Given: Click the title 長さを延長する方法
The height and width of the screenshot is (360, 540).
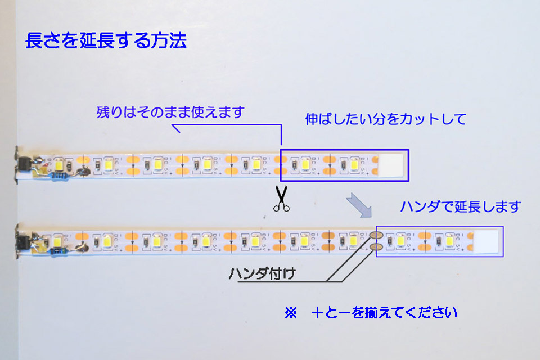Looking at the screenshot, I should (106, 42).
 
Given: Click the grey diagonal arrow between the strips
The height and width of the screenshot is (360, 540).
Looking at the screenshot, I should (359, 205).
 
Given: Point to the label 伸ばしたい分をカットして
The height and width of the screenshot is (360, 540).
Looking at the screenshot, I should (385, 119).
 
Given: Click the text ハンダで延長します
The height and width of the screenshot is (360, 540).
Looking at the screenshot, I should (460, 206).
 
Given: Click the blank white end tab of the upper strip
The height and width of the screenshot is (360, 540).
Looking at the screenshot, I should (393, 165).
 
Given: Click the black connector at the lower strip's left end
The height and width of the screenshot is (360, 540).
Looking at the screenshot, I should (24, 241).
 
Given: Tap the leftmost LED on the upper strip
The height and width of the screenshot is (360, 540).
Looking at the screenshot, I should (58, 165).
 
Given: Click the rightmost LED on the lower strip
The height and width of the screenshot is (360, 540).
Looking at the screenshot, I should (450, 241).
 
